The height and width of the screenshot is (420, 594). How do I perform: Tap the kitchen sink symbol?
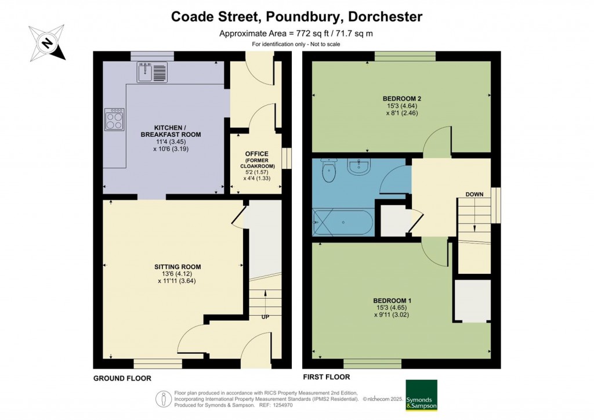click(x=153, y=72)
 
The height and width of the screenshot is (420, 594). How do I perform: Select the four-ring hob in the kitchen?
click(x=114, y=120)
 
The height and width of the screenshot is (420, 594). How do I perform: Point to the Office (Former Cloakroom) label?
click(x=256, y=160)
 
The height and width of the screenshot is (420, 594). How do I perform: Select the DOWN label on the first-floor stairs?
click(x=474, y=195)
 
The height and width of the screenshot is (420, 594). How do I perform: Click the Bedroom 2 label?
click(x=400, y=98)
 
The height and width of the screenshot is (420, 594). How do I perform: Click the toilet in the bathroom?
click(x=329, y=171)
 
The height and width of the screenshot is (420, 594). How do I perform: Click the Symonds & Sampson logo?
click(x=421, y=395)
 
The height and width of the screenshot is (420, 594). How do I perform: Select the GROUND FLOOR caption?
click(x=122, y=378)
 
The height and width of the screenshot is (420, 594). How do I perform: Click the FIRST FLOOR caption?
click(x=326, y=376)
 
